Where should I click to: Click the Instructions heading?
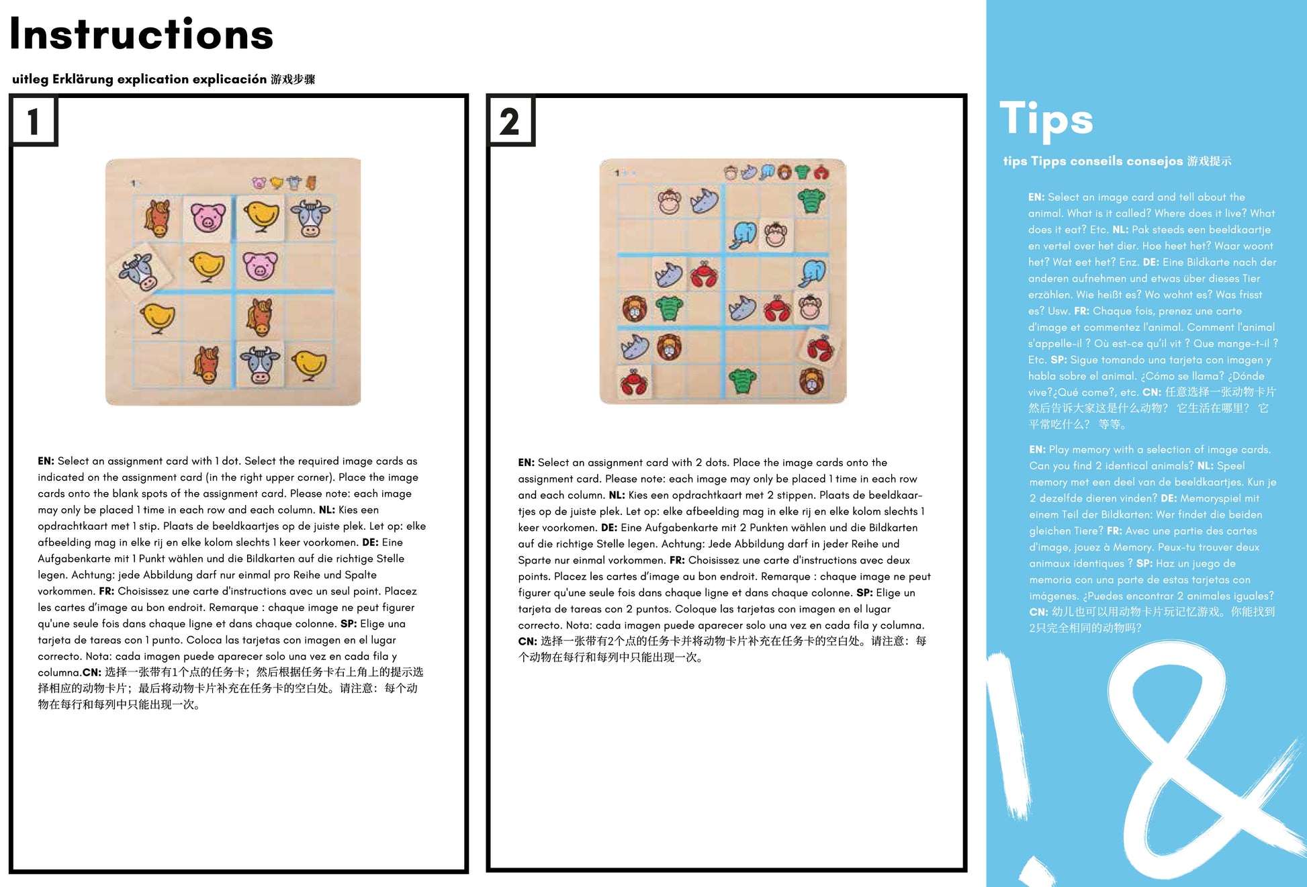click(141, 35)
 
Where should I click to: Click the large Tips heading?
click(1046, 120)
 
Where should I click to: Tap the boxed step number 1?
click(34, 122)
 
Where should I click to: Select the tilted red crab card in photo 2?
click(820, 348)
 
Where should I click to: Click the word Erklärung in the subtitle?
click(83, 79)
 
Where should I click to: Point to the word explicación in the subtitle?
click(229, 79)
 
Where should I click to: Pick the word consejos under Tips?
click(1155, 161)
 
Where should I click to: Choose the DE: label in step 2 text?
click(609, 528)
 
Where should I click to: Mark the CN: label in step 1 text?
click(91, 673)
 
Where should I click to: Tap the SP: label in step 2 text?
click(864, 593)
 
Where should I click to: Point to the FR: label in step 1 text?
click(106, 592)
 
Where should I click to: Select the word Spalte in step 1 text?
click(361, 575)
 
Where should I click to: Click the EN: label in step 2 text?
click(526, 463)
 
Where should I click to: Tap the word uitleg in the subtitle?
click(30, 79)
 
